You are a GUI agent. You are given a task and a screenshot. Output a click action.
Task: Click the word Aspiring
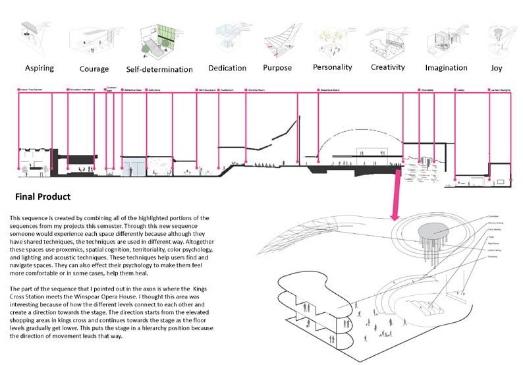pos(39,68)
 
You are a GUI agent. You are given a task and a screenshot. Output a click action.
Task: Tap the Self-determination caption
pos(159,69)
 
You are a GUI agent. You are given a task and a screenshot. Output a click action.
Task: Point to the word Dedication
pos(227,68)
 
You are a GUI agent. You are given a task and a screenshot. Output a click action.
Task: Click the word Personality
pos(333,67)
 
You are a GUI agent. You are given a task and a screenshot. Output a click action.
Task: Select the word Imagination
pos(446,68)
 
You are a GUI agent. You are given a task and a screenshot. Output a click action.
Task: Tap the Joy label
pos(495,68)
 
